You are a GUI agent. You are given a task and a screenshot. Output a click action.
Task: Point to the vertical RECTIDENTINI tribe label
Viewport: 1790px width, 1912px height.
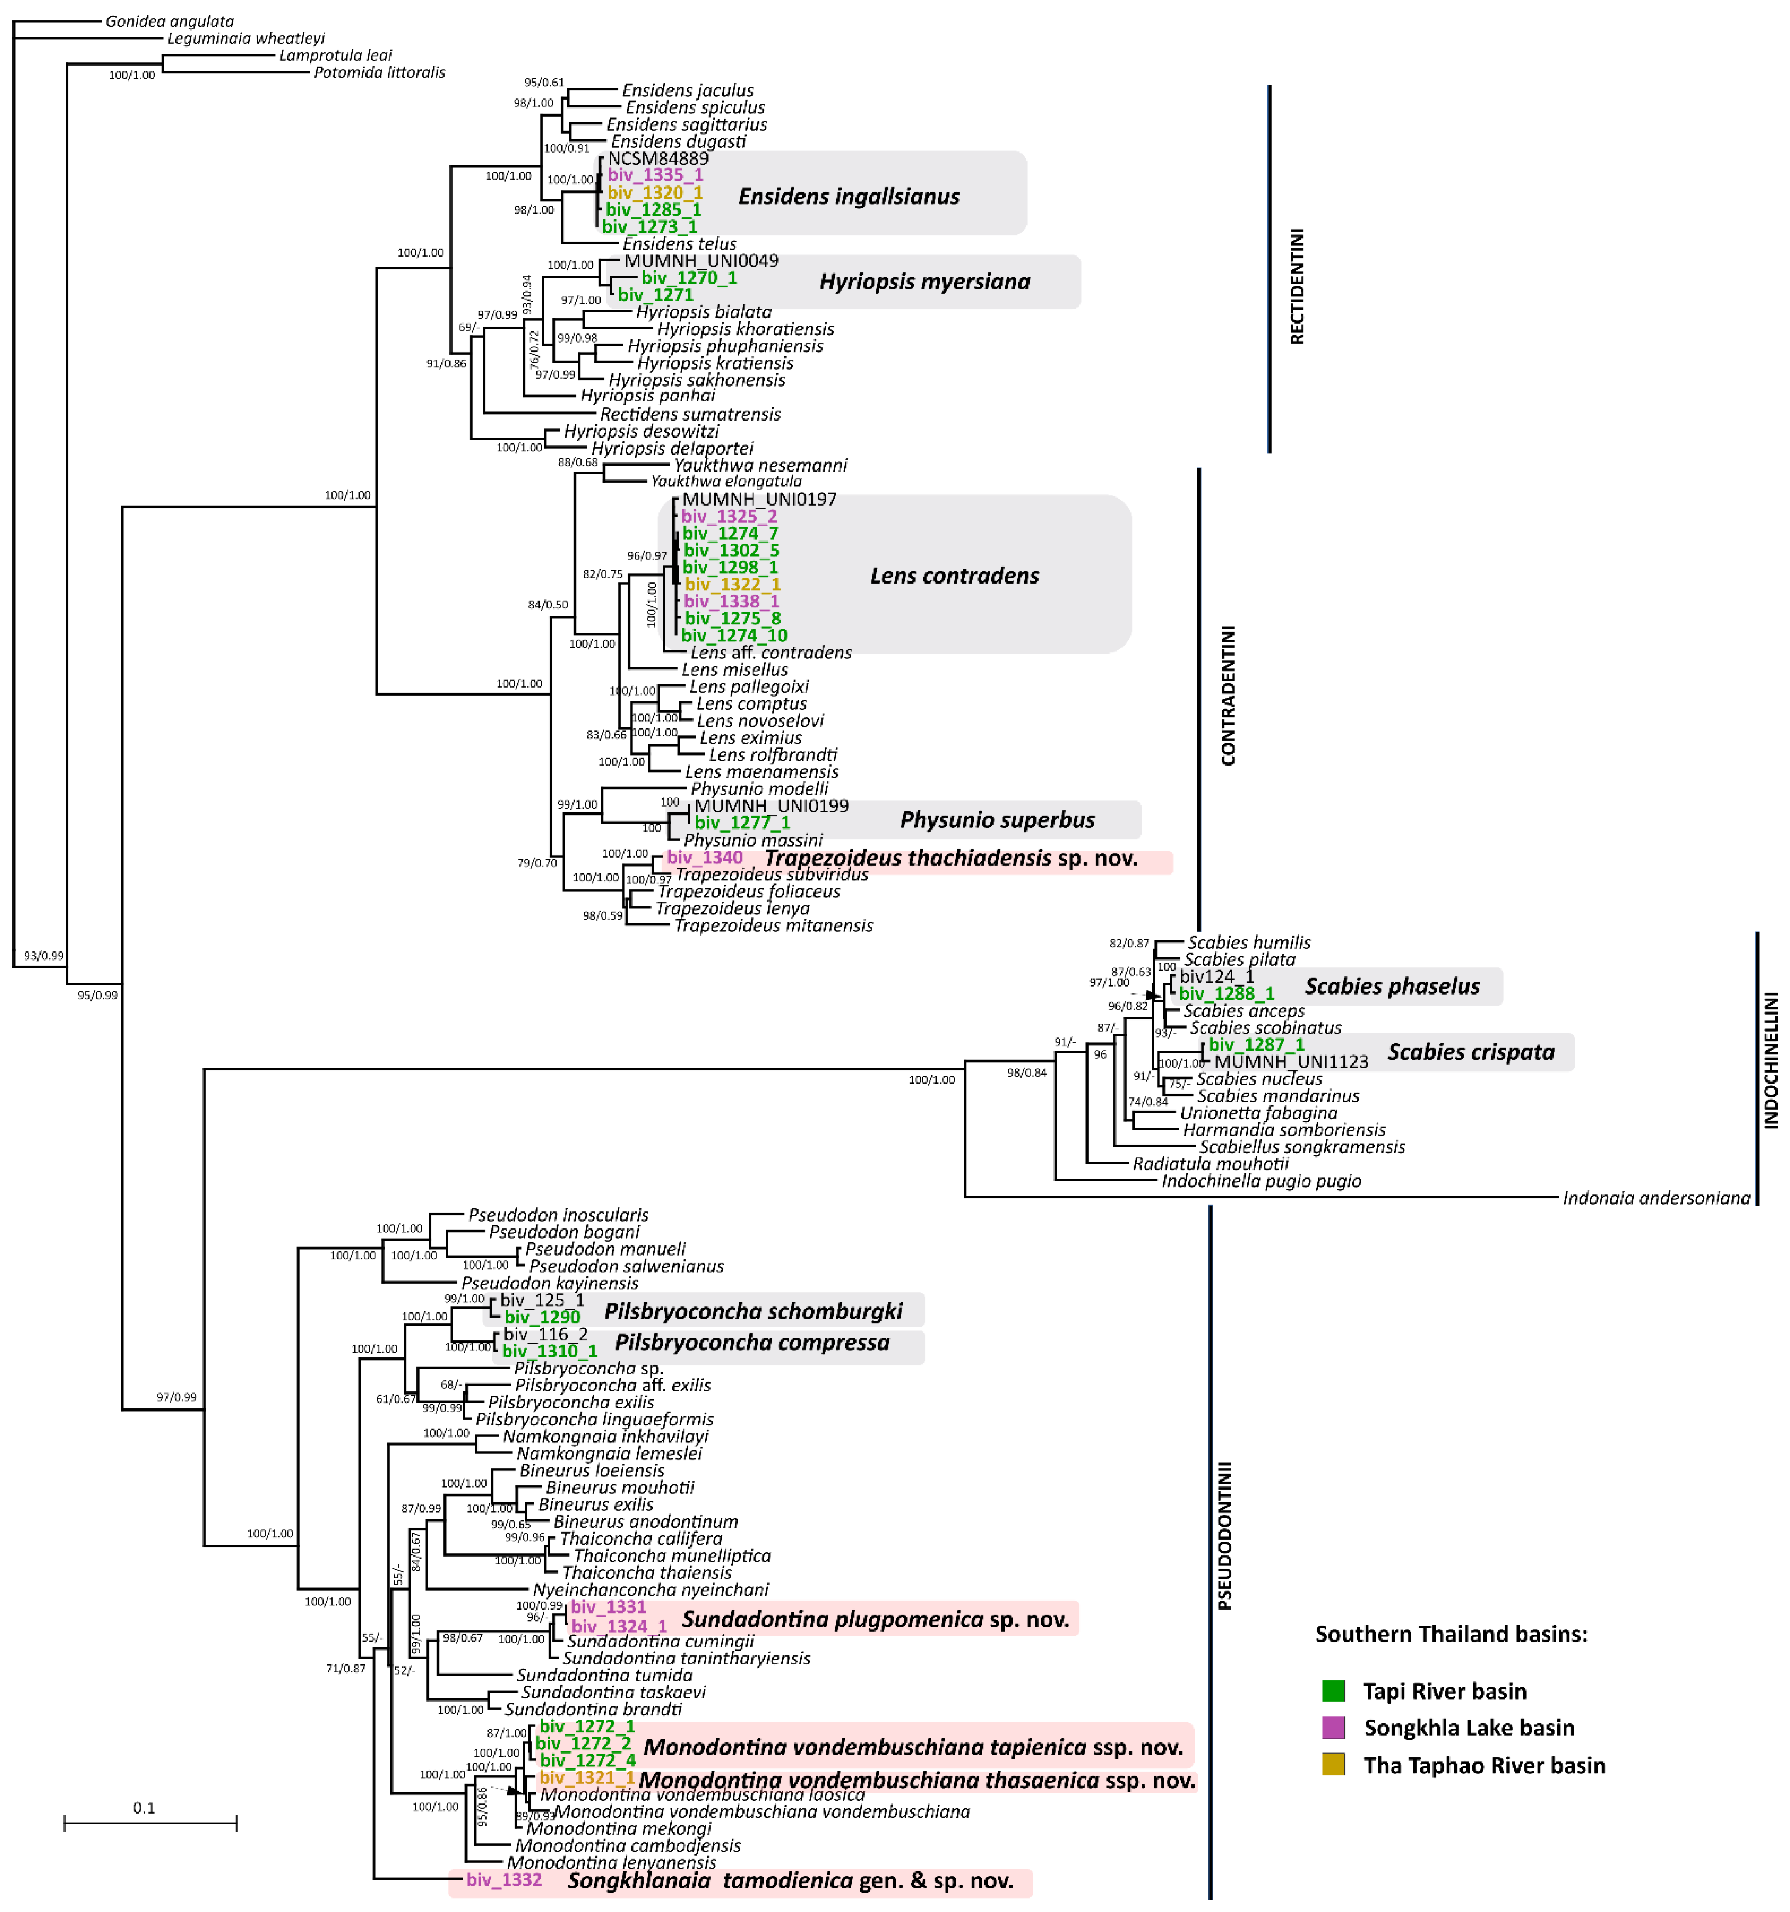pos(1297,287)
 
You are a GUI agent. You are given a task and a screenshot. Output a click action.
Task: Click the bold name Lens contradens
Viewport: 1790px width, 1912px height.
pos(954,576)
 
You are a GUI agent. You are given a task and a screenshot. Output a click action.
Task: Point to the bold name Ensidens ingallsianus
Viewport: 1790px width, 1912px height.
pos(848,197)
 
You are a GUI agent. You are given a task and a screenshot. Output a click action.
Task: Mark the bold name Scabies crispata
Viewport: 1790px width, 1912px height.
pos(1471,1052)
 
